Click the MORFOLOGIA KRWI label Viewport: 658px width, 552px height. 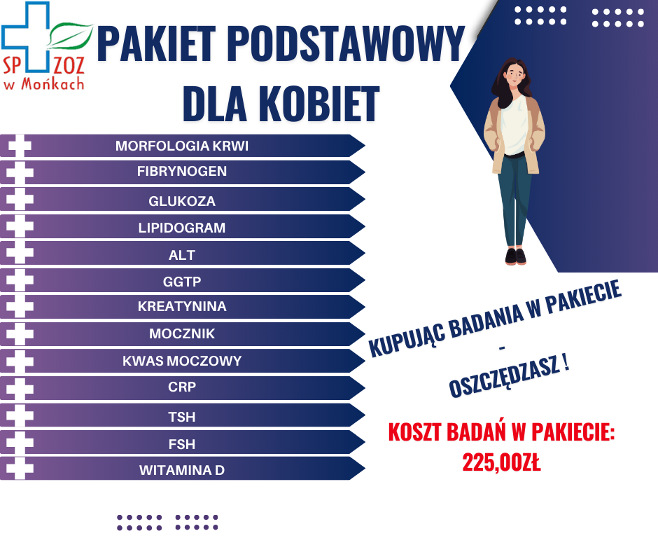pyautogui.click(x=182, y=146)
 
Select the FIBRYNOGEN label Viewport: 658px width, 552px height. pyautogui.click(x=182, y=172)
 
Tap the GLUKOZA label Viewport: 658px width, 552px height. pyautogui.click(x=182, y=201)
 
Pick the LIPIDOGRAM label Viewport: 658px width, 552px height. pyautogui.click(x=182, y=228)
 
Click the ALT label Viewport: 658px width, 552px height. pyautogui.click(x=182, y=255)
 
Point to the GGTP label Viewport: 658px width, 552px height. pyautogui.click(x=182, y=282)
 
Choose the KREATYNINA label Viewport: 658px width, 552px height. pyautogui.click(x=182, y=306)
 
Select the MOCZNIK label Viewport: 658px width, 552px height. pyautogui.click(x=182, y=333)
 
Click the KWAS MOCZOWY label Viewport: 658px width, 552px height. pyautogui.click(x=182, y=361)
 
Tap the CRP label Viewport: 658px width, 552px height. pyautogui.click(x=182, y=387)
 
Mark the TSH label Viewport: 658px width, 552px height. pyautogui.click(x=182, y=417)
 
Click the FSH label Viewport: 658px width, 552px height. pyautogui.click(x=182, y=444)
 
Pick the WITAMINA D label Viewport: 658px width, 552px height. pyautogui.click(x=182, y=470)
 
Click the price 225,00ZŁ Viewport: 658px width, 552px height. pyautogui.click(x=501, y=462)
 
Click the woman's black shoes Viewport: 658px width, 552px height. pyautogui.click(x=515, y=256)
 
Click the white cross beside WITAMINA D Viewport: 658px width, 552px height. pyautogui.click(x=20, y=468)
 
